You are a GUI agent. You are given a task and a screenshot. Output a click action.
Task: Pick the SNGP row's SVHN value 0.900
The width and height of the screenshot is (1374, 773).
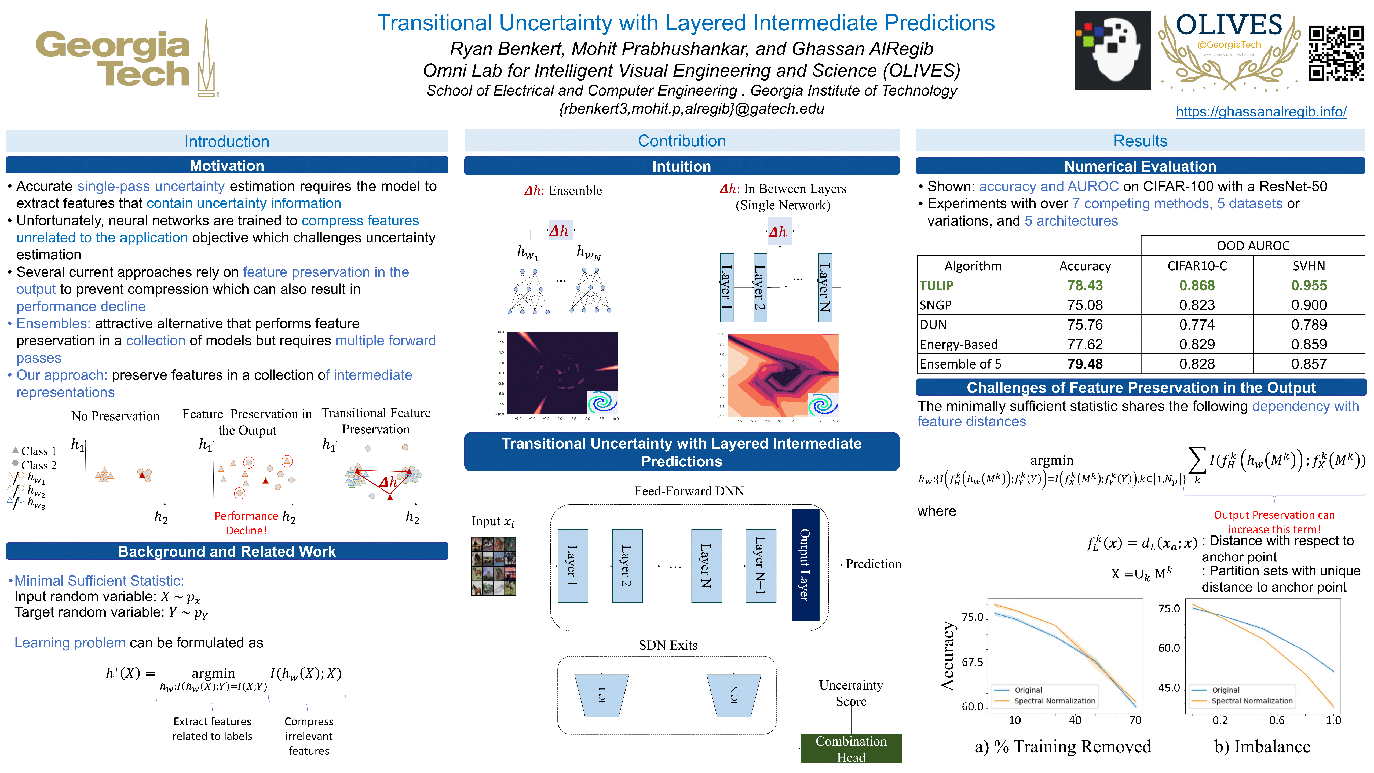pos(1309,305)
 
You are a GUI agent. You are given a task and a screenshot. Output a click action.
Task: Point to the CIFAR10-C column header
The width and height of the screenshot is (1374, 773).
pos(1197,266)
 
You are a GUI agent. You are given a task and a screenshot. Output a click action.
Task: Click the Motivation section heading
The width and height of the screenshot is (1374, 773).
pos(227,165)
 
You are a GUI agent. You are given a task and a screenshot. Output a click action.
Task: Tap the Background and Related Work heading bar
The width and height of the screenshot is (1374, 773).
pos(227,551)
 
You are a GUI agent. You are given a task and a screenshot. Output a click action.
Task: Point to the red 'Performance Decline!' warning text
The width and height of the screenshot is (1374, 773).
pos(246,523)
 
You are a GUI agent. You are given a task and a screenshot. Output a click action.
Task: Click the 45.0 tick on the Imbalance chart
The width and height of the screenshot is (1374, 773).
pos(1169,688)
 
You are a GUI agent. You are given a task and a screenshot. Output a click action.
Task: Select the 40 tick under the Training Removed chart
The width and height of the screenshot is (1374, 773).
pos(1075,720)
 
